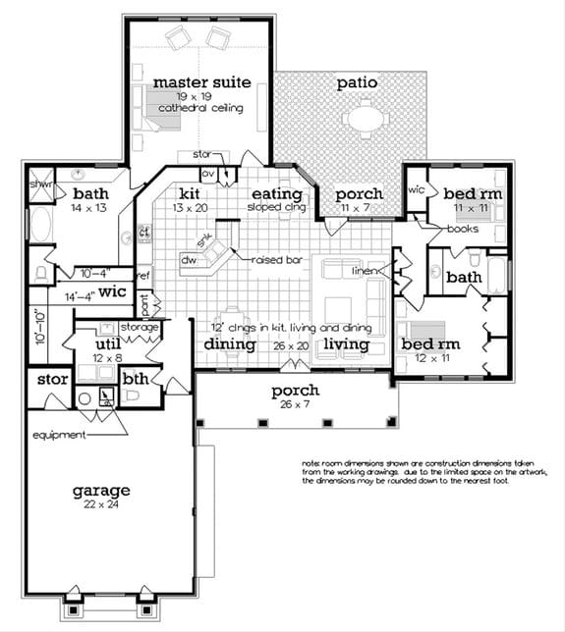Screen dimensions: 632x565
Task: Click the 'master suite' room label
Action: click(x=201, y=81)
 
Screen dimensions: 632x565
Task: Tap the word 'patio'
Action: click(x=357, y=82)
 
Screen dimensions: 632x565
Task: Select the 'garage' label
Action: click(x=100, y=490)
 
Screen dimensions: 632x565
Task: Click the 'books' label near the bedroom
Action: click(x=462, y=229)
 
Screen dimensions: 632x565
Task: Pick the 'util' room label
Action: click(x=107, y=345)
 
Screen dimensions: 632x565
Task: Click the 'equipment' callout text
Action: click(x=56, y=434)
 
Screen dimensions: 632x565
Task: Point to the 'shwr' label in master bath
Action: click(x=39, y=183)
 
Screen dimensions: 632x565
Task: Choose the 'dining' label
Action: click(x=230, y=344)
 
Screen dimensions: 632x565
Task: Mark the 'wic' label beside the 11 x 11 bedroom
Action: click(x=415, y=186)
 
